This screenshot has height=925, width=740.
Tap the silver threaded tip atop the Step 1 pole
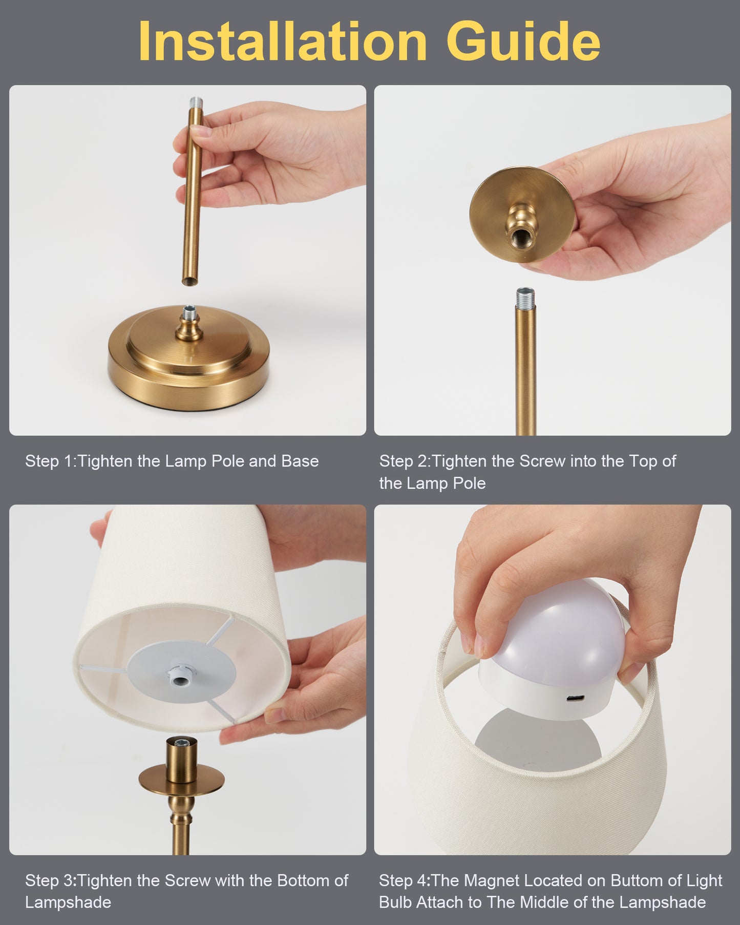pos(196,104)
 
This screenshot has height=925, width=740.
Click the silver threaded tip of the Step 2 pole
pos(525,297)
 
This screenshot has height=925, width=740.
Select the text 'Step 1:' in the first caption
pos(51,461)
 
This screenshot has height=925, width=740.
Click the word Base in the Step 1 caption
pos(300,461)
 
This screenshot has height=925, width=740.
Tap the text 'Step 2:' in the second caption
pos(405,461)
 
